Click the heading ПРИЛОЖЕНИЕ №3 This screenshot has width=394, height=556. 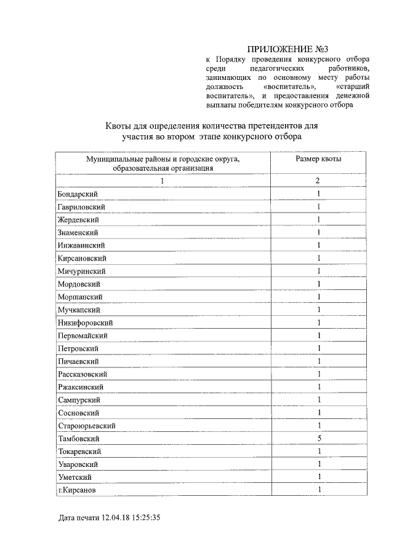pyautogui.click(x=285, y=49)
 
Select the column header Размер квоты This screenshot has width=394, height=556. pyautogui.click(x=318, y=159)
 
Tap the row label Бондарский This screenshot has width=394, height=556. pyautogui.click(x=77, y=194)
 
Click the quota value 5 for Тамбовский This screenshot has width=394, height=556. pyautogui.click(x=319, y=439)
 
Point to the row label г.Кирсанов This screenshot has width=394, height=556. pyautogui.click(x=77, y=490)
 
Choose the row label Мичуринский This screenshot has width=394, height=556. pyautogui.click(x=81, y=271)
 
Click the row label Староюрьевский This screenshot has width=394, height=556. pyautogui.click(x=87, y=426)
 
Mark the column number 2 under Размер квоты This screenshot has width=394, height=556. pyautogui.click(x=318, y=181)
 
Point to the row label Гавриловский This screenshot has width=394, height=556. pyautogui.click(x=81, y=206)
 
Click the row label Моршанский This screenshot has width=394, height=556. pyautogui.click(x=79, y=297)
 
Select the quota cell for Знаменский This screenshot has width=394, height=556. pyautogui.click(x=319, y=232)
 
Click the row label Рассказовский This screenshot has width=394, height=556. pyautogui.click(x=83, y=374)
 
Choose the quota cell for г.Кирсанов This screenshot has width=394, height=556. pyautogui.click(x=319, y=490)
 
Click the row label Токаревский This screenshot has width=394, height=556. pyautogui.click(x=81, y=452)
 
